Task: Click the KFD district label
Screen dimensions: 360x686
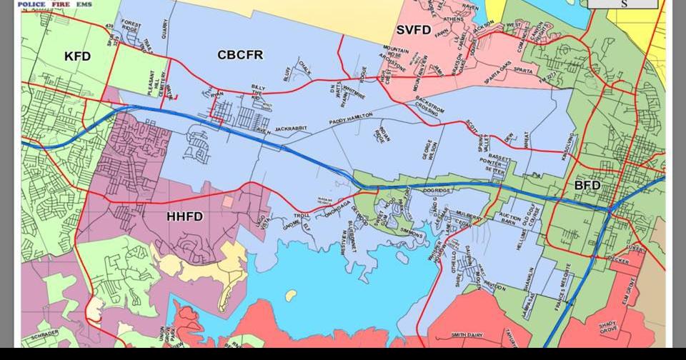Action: (77, 56)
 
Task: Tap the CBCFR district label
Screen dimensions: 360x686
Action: (240, 54)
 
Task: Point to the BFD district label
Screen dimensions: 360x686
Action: (587, 186)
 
